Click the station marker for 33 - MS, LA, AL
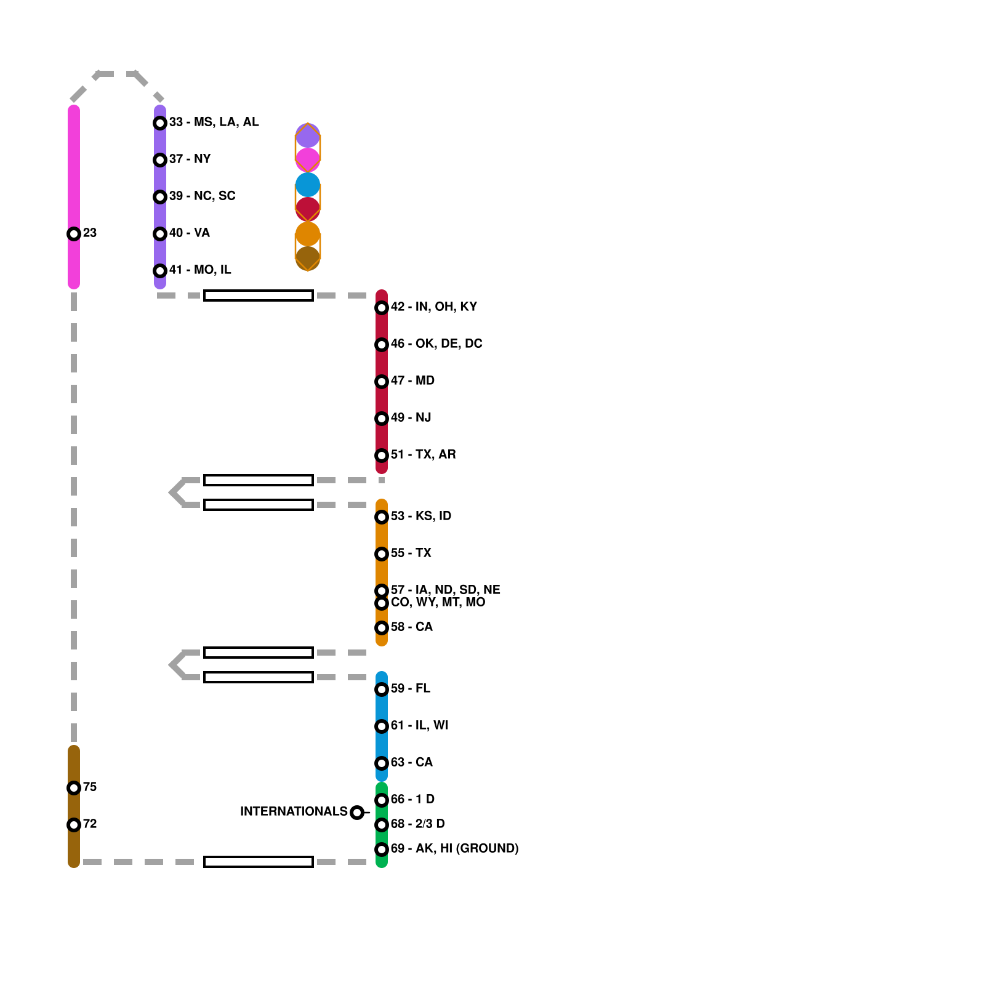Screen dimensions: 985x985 160,123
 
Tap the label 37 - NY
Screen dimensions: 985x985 190,159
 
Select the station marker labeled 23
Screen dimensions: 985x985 74,234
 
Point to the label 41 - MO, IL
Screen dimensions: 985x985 200,270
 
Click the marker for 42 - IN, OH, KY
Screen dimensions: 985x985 382,308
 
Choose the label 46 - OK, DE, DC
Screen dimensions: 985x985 436,344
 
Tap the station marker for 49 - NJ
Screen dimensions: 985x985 382,419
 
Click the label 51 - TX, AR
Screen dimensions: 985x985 423,454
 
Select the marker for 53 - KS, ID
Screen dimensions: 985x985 382,517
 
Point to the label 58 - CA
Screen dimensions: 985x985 411,627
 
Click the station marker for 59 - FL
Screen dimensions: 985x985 382,689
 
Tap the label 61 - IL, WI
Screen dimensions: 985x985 419,725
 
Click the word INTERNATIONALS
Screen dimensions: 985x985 294,811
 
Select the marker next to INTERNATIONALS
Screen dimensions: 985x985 357,813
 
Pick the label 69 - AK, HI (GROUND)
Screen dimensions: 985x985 454,848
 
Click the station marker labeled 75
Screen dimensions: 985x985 74,788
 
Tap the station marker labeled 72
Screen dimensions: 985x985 74,825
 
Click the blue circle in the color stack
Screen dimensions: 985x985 308,185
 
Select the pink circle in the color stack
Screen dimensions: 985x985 308,159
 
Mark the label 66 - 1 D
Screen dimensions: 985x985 412,799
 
